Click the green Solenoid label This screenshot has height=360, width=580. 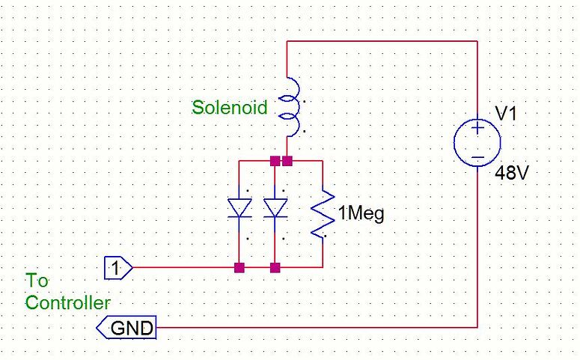point(229,107)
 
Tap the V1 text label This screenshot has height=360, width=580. point(506,114)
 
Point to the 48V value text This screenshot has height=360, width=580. point(512,174)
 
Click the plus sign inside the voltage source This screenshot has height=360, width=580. point(477,129)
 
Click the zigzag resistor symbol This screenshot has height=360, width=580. point(321,214)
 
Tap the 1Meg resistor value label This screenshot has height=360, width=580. point(361,215)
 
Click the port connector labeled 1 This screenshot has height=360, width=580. point(117,266)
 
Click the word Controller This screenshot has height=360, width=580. point(68,302)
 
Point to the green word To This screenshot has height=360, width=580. point(37,281)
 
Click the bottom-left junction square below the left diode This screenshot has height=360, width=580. point(239,267)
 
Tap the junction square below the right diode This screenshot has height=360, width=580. point(275,267)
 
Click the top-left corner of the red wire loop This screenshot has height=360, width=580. point(288,42)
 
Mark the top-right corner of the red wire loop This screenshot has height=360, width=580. point(477,42)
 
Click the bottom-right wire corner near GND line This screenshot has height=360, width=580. point(477,327)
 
